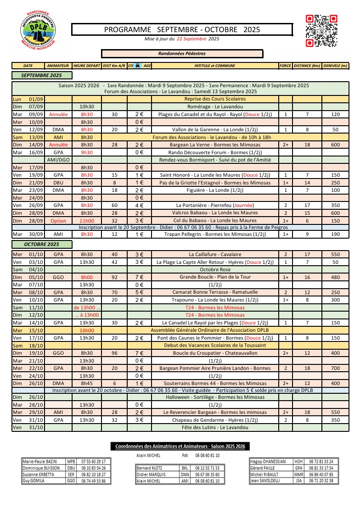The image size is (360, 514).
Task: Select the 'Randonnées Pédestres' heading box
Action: click(x=182, y=54)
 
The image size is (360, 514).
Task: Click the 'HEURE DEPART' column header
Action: click(x=87, y=66)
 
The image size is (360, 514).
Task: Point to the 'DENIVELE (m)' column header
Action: click(x=335, y=66)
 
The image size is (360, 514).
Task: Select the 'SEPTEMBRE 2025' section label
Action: click(x=41, y=75)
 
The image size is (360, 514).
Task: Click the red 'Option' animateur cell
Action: click(x=58, y=221)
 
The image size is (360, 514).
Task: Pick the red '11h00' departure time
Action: click(x=87, y=221)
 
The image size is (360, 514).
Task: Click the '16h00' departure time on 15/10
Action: click(x=87, y=330)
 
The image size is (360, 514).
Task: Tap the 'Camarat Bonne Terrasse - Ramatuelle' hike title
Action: click(x=215, y=292)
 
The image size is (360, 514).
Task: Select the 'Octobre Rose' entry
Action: click(x=215, y=269)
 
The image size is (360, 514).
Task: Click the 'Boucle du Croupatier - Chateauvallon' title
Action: click(x=215, y=353)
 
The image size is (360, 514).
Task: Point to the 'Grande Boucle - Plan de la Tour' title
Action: click(x=215, y=277)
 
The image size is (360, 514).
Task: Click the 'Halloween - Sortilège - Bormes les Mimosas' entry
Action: click(x=215, y=397)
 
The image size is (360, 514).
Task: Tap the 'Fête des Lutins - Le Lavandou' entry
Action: click(x=215, y=427)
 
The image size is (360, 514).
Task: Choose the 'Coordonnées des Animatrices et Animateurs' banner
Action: click(x=180, y=446)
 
